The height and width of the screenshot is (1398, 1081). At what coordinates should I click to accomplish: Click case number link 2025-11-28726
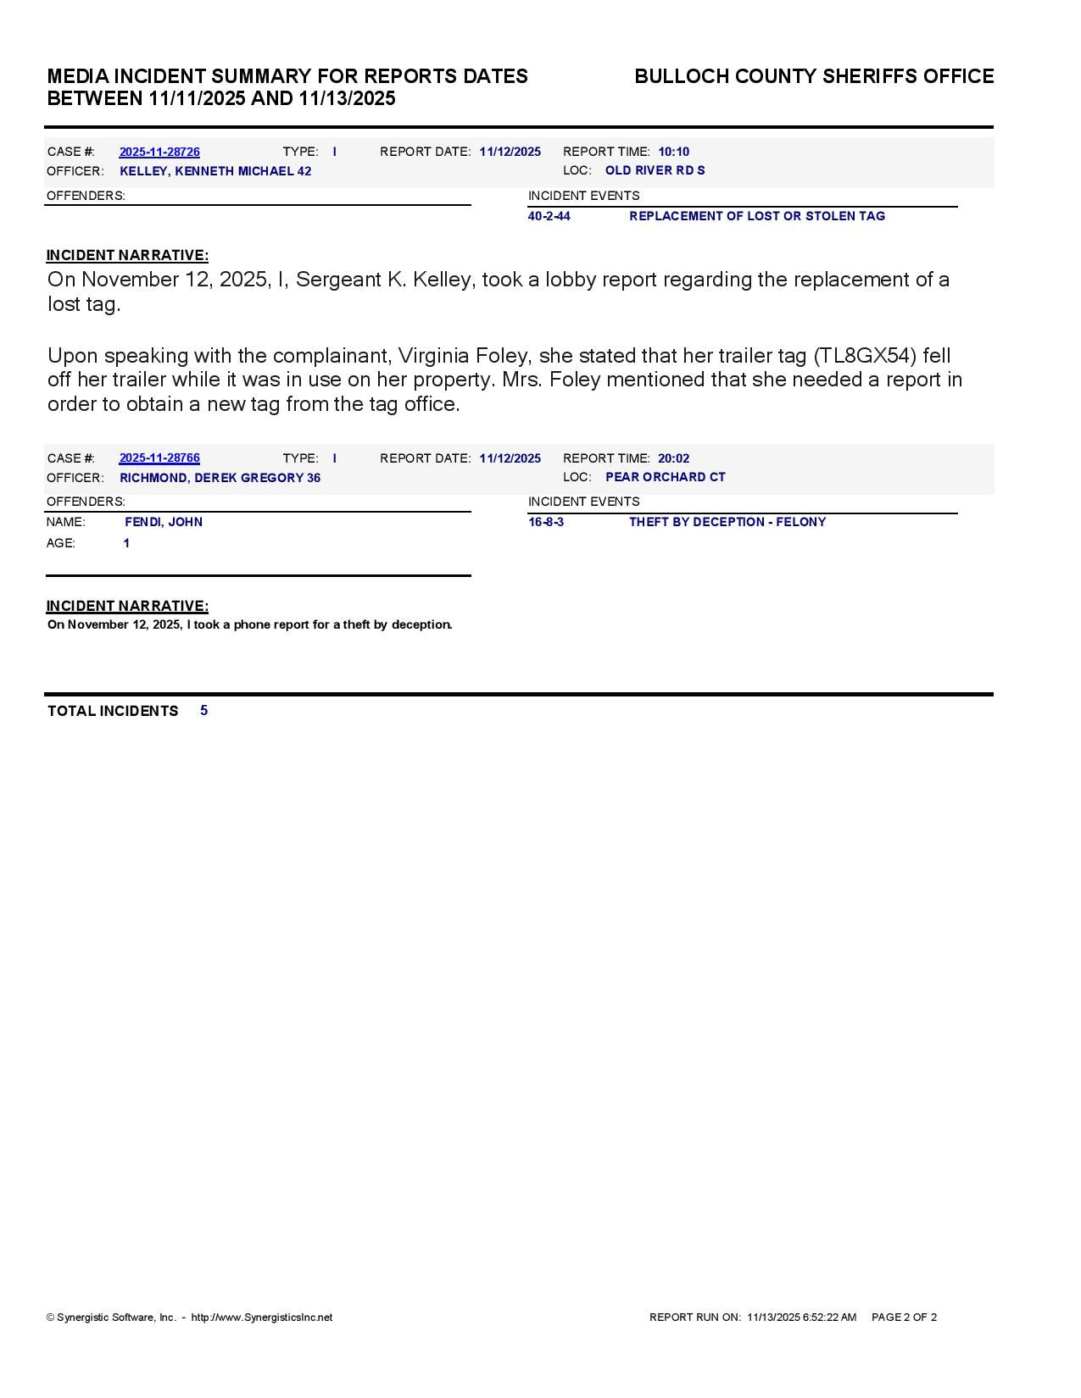tap(159, 153)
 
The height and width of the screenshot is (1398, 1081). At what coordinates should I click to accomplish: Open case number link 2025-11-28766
tap(159, 458)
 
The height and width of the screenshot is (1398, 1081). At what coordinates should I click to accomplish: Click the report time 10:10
tap(673, 153)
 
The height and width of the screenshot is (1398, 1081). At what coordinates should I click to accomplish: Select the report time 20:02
tap(673, 458)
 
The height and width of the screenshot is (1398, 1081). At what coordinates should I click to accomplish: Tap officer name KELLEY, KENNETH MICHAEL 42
tap(215, 171)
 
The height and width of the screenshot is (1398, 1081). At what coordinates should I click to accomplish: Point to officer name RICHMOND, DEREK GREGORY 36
tap(220, 478)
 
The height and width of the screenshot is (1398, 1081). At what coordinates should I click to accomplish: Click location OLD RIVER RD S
tap(655, 170)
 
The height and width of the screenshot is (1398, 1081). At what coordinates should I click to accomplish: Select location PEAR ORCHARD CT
tap(665, 477)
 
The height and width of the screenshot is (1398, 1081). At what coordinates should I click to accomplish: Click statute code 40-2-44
tap(549, 216)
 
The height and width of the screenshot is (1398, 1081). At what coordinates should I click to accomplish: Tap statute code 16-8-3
tap(545, 522)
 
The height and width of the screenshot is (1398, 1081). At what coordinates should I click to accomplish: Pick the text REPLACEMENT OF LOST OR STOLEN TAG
tap(756, 216)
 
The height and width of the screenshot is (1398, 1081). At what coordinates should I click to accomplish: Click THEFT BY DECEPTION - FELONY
tap(727, 522)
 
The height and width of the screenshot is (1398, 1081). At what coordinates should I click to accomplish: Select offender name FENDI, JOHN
tap(164, 522)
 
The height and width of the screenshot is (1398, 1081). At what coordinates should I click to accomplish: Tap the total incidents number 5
tap(203, 710)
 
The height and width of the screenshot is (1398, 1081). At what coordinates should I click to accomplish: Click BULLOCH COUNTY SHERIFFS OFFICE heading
tap(814, 76)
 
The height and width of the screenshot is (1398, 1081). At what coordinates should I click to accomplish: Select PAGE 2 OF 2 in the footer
tap(904, 1318)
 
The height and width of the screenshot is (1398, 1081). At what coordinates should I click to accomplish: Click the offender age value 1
tap(126, 543)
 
